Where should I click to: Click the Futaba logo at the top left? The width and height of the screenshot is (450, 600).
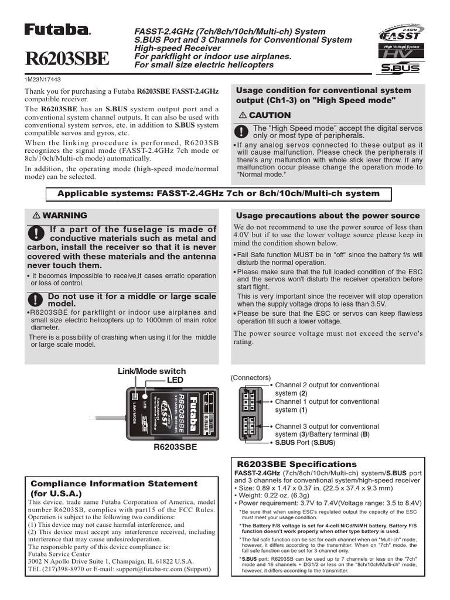(x=57, y=30)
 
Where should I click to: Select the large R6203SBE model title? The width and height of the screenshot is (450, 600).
(x=66, y=59)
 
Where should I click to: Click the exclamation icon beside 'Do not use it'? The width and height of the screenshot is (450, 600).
(x=36, y=299)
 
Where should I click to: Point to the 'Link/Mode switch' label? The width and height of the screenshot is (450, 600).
(x=152, y=371)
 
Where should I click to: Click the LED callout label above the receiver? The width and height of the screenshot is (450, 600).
(x=175, y=381)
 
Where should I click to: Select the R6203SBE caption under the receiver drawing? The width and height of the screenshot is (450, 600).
(x=175, y=447)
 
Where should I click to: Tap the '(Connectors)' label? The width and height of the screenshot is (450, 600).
(x=251, y=378)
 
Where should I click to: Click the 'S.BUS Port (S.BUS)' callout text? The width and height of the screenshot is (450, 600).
(x=305, y=444)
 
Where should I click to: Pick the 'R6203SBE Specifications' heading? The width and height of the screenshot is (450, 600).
(x=296, y=464)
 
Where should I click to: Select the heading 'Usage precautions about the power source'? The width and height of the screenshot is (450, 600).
(x=328, y=216)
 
